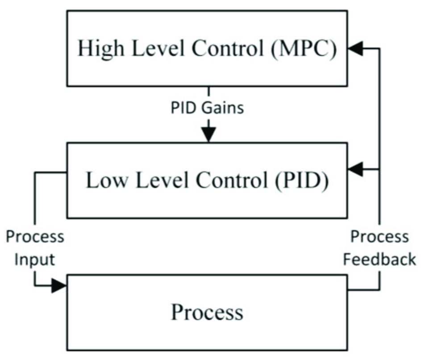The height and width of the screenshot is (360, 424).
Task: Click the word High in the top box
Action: tap(99, 49)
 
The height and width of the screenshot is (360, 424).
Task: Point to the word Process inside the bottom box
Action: tap(207, 312)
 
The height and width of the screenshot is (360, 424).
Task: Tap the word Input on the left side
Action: tap(35, 259)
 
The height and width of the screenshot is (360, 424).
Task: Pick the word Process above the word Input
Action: tap(35, 237)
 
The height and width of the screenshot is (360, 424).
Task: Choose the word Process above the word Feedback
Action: tap(379, 237)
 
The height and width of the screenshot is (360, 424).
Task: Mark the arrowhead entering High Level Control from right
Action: tap(355, 49)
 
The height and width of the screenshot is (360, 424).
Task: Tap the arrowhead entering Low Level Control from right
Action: tap(355, 169)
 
